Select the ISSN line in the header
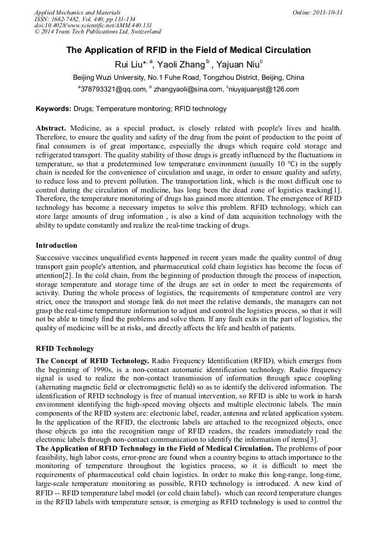pyautogui.click(x=90, y=18)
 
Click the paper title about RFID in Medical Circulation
pyautogui.click(x=188, y=50)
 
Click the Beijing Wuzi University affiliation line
pyautogui.click(x=188, y=77)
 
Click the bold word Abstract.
pyautogui.click(x=51, y=127)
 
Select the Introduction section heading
pyautogui.click(x=56, y=245)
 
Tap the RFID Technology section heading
pyautogui.click(x=65, y=349)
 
